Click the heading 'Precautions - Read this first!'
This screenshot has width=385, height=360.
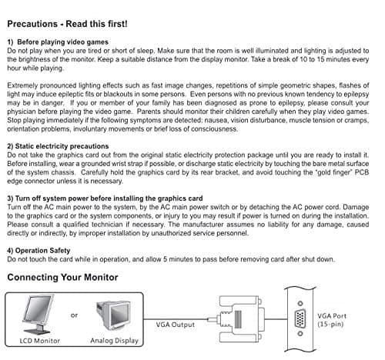click(67, 24)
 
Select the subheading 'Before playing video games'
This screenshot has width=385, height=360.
click(62, 42)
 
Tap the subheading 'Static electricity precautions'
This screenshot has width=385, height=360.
click(62, 146)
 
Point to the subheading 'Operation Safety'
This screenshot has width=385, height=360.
click(42, 251)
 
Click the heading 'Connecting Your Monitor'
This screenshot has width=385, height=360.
click(62, 277)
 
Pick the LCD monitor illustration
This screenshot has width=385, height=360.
click(38, 314)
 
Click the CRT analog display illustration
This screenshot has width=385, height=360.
click(114, 315)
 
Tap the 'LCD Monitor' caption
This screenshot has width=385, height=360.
click(40, 341)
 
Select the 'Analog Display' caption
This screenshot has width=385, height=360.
click(115, 341)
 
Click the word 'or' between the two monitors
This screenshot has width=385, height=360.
click(74, 315)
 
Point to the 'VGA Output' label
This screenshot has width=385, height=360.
click(176, 325)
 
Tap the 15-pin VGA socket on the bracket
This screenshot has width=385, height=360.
click(300, 318)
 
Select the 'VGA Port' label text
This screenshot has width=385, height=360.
click(332, 316)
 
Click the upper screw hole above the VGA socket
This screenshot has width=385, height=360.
click(300, 304)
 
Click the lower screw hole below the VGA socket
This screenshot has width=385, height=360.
click(300, 334)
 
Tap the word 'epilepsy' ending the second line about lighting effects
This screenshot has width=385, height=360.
click(357, 95)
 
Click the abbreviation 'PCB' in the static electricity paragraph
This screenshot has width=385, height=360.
click(362, 172)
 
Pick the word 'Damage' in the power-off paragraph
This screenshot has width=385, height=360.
click(356, 207)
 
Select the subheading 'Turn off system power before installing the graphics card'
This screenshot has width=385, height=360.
click(109, 198)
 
